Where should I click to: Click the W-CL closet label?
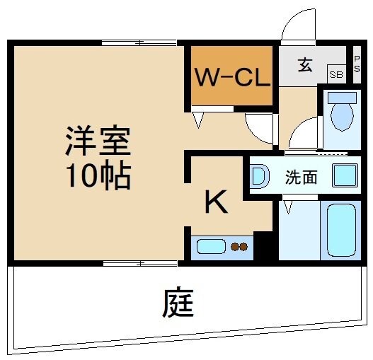[x=230, y=76]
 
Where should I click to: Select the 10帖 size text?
[x=98, y=175]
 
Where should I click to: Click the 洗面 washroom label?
[x=301, y=177]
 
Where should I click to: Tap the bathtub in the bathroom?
[x=341, y=230]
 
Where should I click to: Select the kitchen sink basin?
[x=210, y=247]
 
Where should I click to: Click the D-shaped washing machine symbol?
[x=259, y=176]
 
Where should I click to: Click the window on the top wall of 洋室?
[x=142, y=43]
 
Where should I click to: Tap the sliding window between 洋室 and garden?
[x=142, y=263]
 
